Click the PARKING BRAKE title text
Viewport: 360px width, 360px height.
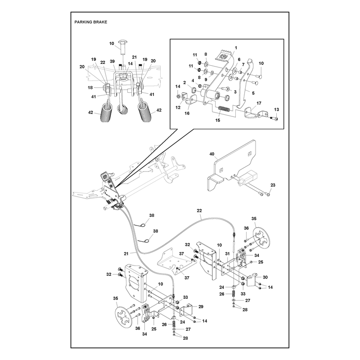(91, 22)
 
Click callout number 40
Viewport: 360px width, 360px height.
(211, 154)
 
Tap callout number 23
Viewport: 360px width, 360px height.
(273, 185)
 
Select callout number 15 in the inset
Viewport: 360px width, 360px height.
(218, 120)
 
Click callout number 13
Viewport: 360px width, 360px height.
(276, 109)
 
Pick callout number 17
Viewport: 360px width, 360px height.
(259, 103)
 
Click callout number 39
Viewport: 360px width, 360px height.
(112, 61)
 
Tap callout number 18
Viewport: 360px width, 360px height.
(90, 87)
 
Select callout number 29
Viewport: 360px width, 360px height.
(201, 306)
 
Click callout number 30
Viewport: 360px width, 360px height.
(265, 277)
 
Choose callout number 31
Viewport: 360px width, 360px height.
(227, 254)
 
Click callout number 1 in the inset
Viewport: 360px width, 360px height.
(236, 48)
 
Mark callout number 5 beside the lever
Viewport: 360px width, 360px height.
(253, 93)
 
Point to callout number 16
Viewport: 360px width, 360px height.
(187, 113)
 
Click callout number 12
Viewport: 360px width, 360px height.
(178, 107)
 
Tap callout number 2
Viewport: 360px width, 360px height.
(184, 83)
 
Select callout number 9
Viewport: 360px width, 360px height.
(206, 80)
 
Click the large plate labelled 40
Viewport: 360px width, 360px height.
(232, 165)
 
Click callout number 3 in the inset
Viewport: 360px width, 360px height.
(235, 92)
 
